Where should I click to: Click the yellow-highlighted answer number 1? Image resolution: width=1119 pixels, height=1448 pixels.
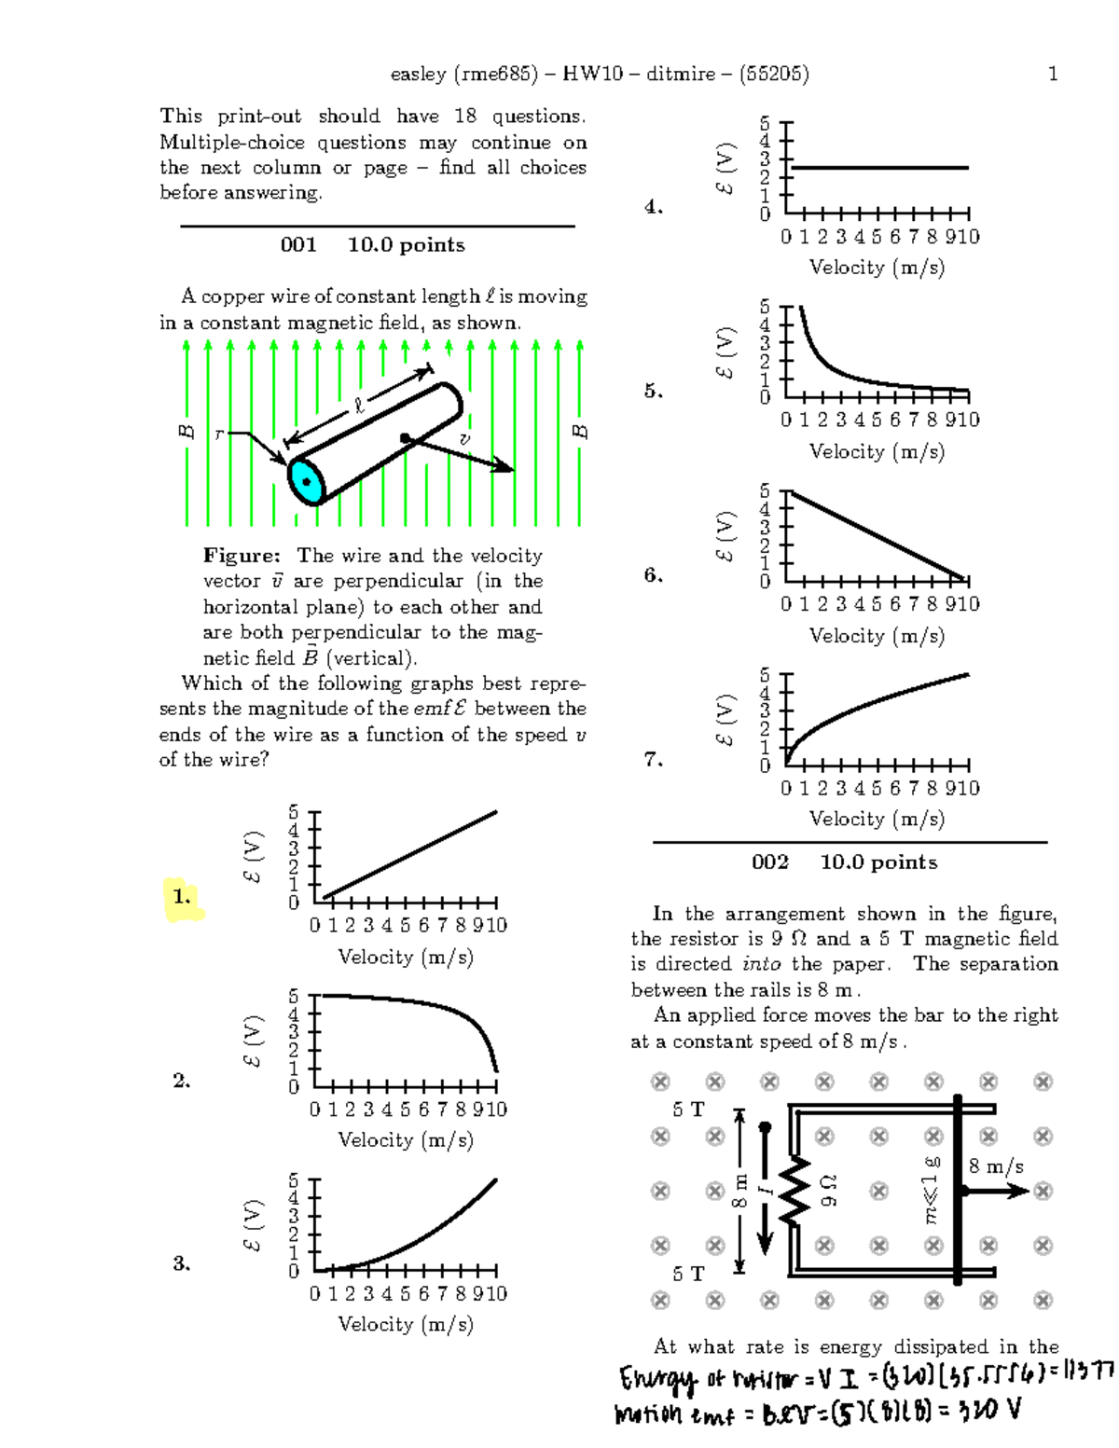click(x=182, y=897)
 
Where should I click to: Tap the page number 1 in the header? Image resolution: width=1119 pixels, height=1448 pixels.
click(x=1053, y=74)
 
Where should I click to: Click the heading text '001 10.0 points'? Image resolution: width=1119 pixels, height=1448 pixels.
click(x=372, y=245)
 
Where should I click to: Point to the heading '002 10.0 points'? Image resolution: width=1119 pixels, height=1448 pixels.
click(x=844, y=862)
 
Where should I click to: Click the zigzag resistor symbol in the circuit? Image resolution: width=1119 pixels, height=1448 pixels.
click(x=794, y=1192)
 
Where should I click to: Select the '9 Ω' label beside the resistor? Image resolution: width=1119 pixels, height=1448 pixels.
click(x=828, y=1191)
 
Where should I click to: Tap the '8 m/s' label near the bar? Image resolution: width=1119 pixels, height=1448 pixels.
click(x=995, y=1166)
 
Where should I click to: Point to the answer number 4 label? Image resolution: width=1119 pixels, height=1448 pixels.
click(x=654, y=207)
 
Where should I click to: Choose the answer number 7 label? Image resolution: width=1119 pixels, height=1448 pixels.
click(x=654, y=760)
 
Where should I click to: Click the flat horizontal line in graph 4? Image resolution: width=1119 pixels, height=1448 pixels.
click(x=877, y=168)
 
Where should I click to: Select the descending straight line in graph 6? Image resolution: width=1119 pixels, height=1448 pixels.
click(x=877, y=535)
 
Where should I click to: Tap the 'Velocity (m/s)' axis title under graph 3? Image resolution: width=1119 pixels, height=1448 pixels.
click(x=406, y=1324)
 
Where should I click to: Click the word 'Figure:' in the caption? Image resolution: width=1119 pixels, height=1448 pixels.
click(x=242, y=556)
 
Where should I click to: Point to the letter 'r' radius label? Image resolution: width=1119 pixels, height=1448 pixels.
click(x=219, y=434)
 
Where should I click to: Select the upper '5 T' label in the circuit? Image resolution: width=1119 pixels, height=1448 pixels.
click(x=688, y=1109)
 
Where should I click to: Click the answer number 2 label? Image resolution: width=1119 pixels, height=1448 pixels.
click(x=182, y=1081)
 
